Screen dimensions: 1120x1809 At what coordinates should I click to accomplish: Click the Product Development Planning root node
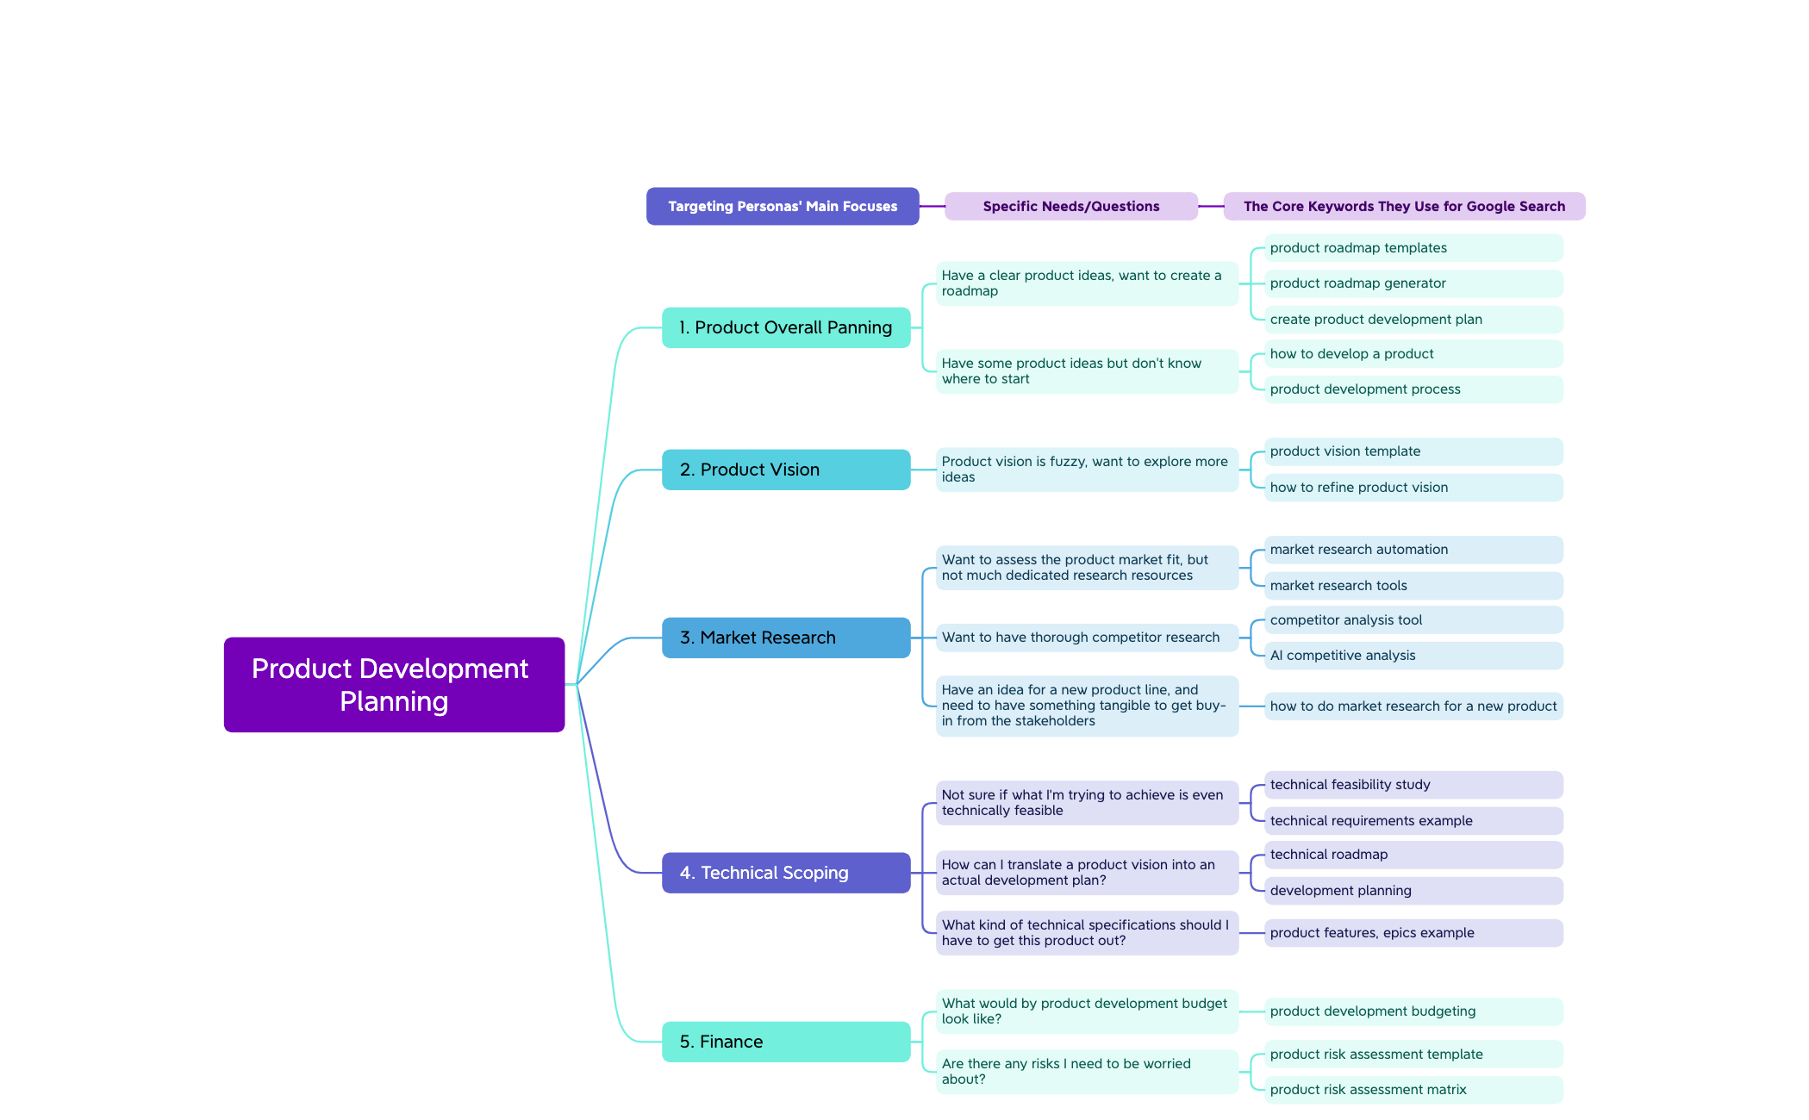[x=394, y=685]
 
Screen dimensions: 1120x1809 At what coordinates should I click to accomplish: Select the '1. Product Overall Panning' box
[x=785, y=327]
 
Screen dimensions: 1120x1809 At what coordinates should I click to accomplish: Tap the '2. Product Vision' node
[x=785, y=470]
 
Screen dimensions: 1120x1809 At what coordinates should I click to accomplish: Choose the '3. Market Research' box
[x=785, y=638]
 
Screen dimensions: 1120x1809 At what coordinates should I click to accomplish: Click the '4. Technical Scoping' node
[x=785, y=873]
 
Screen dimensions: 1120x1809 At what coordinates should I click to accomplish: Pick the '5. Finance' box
[x=785, y=1042]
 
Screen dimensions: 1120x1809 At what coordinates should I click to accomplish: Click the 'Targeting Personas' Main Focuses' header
[x=783, y=207]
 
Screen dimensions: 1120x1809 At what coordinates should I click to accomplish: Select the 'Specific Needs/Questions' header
[x=1070, y=207]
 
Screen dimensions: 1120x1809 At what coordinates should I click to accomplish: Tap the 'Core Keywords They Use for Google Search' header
[x=1404, y=207]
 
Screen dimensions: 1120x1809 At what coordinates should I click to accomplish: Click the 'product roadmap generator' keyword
[x=1413, y=283]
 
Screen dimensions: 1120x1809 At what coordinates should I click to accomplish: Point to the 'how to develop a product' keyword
[x=1413, y=354]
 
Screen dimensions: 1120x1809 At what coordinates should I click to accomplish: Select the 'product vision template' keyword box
[x=1413, y=451]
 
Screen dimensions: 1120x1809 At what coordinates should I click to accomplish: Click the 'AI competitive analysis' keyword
[x=1413, y=656]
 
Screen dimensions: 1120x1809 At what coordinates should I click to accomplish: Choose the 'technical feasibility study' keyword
[x=1413, y=785]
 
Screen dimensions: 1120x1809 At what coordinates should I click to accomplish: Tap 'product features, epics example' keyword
[x=1413, y=933]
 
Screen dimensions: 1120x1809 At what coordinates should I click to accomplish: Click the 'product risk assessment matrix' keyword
[x=1413, y=1090]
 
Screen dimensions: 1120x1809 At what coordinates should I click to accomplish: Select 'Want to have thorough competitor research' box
[x=1086, y=638]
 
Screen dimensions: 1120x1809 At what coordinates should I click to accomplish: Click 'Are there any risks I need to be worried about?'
[x=1086, y=1072]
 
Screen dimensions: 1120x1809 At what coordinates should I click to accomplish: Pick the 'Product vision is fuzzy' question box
[x=1086, y=470]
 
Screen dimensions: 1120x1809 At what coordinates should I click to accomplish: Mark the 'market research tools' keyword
[x=1413, y=586]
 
